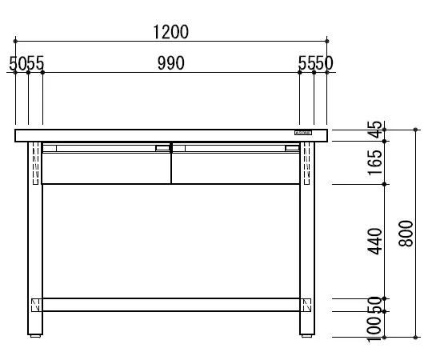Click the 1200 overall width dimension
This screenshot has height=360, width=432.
pyautogui.click(x=170, y=32)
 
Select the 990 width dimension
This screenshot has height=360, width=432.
pyautogui.click(x=170, y=63)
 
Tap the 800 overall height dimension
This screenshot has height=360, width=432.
pyautogui.click(x=406, y=234)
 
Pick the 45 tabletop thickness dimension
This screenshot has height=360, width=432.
pyautogui.click(x=373, y=130)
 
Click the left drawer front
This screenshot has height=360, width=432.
pyautogui.click(x=106, y=166)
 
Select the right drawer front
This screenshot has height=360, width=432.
pyautogui.click(x=236, y=166)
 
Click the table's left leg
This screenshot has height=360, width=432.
pyautogui.click(x=35, y=240)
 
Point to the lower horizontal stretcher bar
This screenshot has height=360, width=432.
pyautogui.click(x=170, y=305)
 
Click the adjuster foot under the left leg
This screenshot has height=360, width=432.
pyautogui.click(x=35, y=336)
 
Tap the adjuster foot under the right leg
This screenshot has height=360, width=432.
pyautogui.click(x=306, y=336)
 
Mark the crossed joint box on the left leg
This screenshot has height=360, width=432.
pyautogui.click(x=35, y=305)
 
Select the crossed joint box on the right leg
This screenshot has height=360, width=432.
pyautogui.click(x=306, y=305)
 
